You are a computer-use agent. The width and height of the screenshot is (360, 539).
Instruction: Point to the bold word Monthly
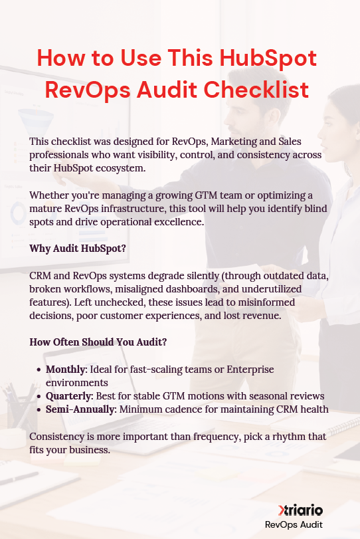click(66, 370)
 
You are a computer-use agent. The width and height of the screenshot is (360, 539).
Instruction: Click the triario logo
click(301, 510)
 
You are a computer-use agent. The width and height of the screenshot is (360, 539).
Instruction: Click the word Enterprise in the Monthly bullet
click(248, 370)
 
